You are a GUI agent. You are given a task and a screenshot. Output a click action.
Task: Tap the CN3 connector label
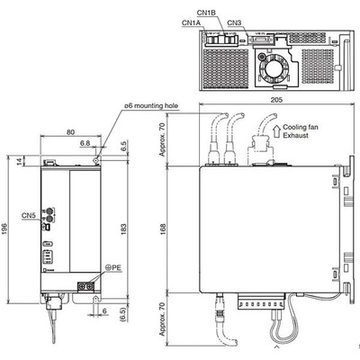tap(235, 22)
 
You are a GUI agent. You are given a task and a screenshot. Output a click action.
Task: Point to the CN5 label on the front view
tap(28, 216)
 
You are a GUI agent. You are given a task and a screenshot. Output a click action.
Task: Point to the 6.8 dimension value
tap(84, 142)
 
